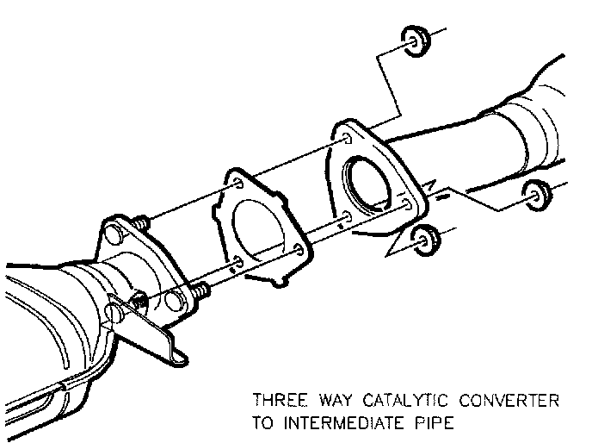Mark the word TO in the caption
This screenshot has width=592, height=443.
(x=262, y=423)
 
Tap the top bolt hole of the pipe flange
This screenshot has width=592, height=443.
(x=346, y=138)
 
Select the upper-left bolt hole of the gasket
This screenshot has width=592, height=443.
(x=233, y=183)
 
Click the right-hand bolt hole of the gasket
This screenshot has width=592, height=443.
(x=297, y=250)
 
